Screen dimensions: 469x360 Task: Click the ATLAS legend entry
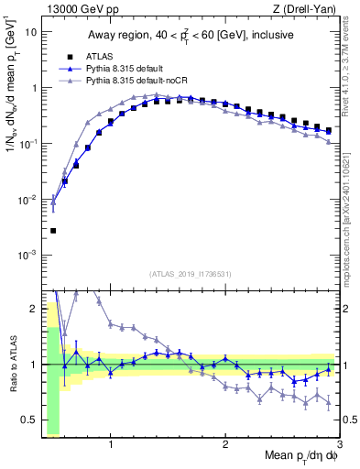click(96, 56)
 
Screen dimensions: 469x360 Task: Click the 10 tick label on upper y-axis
click(30, 32)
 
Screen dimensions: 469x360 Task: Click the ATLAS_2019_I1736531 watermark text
click(191, 273)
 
